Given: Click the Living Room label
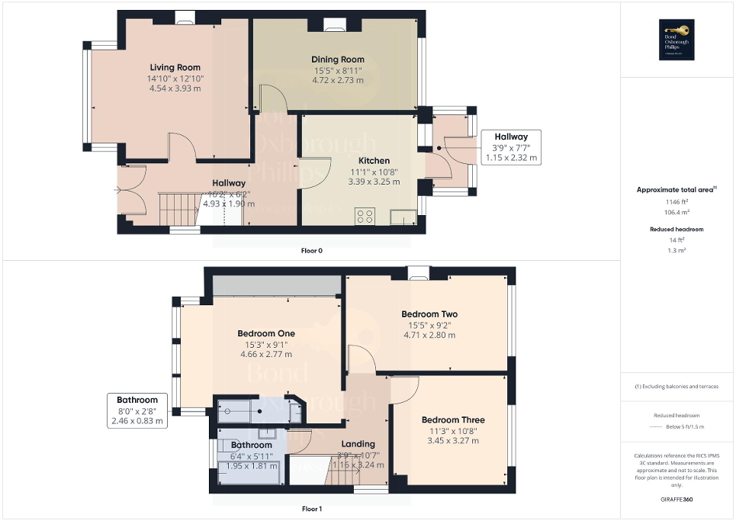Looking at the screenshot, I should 175,67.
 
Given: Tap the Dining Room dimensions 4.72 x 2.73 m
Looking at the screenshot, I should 337,79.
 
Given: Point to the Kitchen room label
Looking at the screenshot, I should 368,161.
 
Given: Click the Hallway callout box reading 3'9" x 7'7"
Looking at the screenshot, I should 511,147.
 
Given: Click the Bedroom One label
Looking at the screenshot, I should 265,333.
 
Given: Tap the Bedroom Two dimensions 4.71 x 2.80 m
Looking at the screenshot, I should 429,335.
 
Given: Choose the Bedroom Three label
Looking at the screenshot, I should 453,420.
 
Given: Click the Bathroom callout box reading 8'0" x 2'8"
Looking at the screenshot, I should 137,410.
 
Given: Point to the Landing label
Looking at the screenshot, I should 358,444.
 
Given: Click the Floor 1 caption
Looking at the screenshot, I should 311,508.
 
